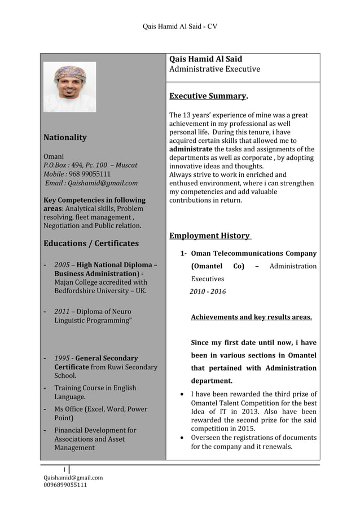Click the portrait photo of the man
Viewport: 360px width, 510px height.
69,86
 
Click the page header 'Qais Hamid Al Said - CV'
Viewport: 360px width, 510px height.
180,26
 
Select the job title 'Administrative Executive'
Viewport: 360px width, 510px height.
215,69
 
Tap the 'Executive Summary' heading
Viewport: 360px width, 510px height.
208,96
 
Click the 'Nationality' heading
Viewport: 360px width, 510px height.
65,137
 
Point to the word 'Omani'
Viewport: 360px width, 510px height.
54,156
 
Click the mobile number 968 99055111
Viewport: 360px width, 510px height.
89,174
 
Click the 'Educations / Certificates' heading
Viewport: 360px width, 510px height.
91,243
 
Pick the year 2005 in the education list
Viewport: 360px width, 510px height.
62,264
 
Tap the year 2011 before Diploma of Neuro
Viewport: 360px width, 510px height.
62,311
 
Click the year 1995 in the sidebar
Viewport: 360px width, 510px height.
62,358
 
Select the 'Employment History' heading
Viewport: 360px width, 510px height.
210,236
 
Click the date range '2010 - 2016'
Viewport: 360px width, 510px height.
208,291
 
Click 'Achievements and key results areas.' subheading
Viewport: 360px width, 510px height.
251,317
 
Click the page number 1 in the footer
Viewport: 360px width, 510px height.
64,469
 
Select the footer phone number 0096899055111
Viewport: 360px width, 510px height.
65,485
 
